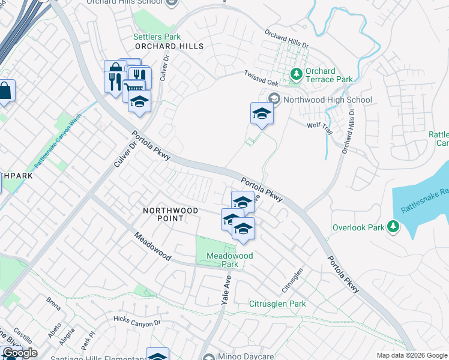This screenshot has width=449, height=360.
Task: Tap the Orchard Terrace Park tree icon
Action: coord(296,74)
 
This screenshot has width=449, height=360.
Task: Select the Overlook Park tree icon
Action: coord(393,226)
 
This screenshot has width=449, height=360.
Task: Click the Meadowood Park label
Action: coord(230,260)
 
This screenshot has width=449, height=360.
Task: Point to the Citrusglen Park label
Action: coord(277,304)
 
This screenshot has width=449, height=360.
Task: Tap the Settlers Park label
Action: coord(157,37)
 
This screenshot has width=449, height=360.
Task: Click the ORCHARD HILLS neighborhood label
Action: coord(169,46)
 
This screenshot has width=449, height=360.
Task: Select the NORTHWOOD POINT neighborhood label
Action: coord(170,214)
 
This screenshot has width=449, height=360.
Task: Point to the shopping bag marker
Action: coord(5,91)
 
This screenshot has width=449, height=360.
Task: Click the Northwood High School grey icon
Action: coord(274,99)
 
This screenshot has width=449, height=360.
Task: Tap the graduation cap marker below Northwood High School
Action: coord(262,113)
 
